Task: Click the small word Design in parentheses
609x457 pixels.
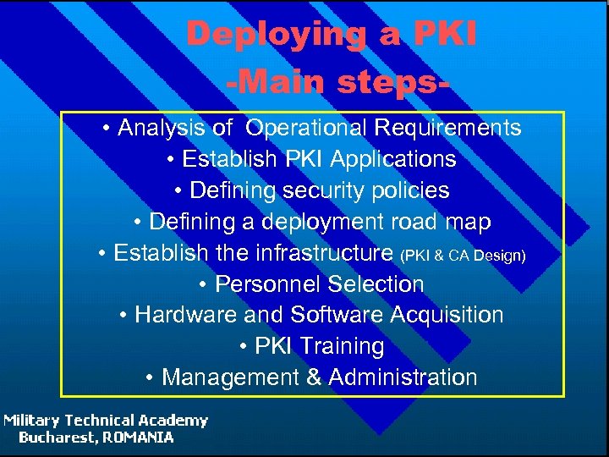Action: point(504,255)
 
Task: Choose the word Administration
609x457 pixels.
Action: point(403,377)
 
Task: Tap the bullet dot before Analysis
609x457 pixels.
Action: point(107,129)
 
